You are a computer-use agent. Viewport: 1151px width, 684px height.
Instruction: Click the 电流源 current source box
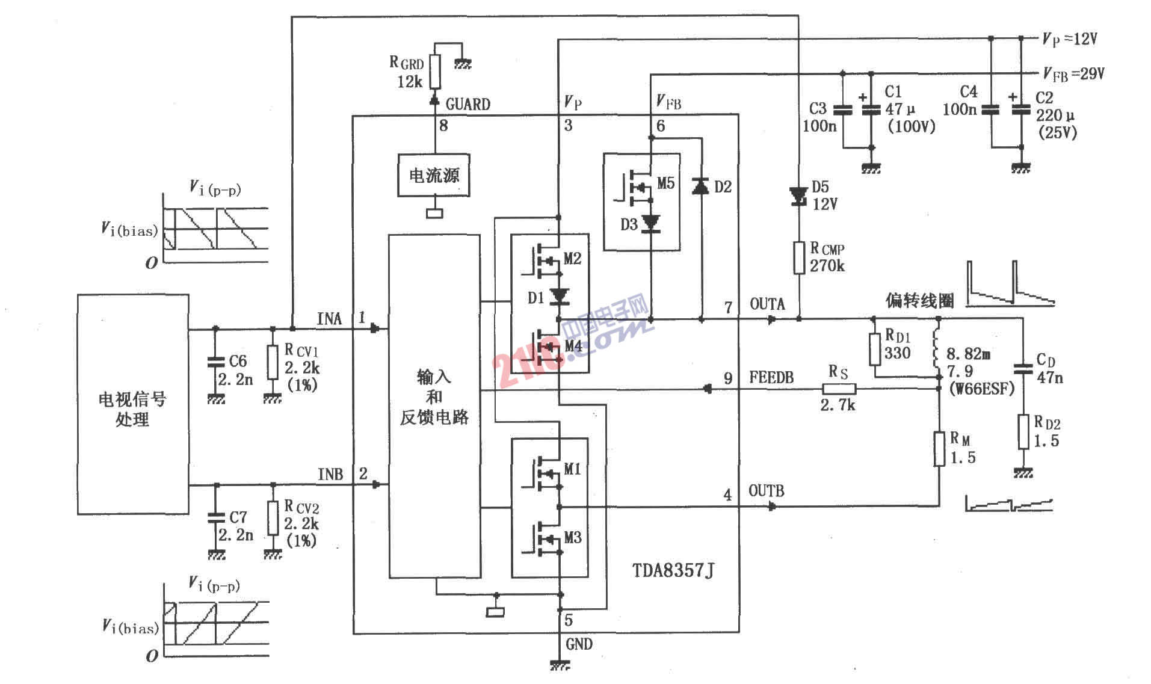434,175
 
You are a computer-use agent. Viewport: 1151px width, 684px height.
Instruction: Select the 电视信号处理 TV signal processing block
133,404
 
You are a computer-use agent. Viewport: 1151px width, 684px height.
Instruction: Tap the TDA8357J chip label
673,569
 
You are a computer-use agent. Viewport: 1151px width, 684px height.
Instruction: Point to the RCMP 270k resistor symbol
799,257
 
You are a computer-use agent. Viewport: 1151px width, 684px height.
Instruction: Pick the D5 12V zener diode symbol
799,195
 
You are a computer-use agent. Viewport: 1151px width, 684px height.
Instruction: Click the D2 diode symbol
700,186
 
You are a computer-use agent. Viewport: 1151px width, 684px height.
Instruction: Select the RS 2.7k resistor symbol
839,388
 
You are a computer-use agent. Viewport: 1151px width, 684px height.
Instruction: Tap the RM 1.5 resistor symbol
939,449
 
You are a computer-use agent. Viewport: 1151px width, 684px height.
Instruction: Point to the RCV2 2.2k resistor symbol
273,518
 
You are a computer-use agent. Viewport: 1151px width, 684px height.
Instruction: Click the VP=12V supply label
1070,39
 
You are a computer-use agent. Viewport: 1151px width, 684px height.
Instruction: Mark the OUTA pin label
767,304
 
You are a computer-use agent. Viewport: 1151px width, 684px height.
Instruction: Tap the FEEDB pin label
771,378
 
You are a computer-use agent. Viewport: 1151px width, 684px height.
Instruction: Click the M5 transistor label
665,183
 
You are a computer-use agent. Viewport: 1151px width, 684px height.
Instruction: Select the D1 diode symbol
560,295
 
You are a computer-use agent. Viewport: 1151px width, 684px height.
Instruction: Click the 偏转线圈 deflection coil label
919,300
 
